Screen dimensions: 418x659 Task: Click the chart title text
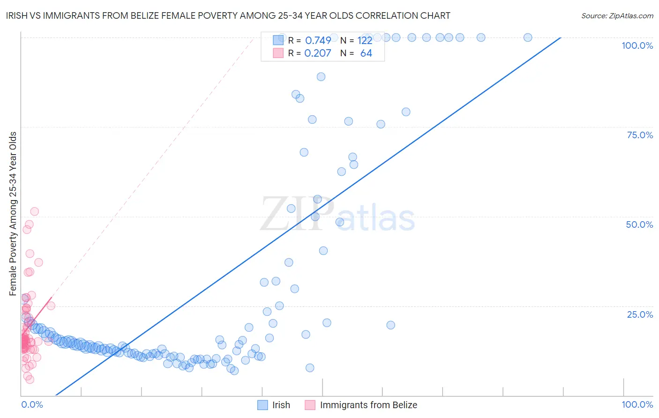pos(228,15)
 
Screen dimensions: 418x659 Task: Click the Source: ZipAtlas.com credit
pos(617,15)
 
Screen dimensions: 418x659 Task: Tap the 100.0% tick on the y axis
pos(637,45)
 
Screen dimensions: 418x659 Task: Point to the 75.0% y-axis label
pos(639,135)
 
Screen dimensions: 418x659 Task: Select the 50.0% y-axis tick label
pos(639,224)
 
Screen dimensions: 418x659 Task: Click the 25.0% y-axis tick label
pos(639,314)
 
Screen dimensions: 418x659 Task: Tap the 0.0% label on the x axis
pos(32,404)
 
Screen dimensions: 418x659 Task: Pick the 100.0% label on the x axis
pos(637,404)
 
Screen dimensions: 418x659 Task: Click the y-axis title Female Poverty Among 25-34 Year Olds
pos(13,214)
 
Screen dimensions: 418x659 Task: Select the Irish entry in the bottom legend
pos(281,405)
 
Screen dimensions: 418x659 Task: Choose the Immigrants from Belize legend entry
pos(368,405)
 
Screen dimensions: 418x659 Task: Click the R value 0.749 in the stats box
pos(318,41)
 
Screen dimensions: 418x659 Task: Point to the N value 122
pos(365,41)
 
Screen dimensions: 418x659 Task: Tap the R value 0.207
pos(317,53)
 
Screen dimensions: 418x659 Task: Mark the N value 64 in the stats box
pos(366,53)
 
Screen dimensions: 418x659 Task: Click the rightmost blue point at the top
pos(527,37)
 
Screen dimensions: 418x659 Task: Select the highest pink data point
pos(34,212)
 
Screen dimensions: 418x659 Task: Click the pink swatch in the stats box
pos(278,53)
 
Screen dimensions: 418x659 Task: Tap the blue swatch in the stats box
pos(278,40)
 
